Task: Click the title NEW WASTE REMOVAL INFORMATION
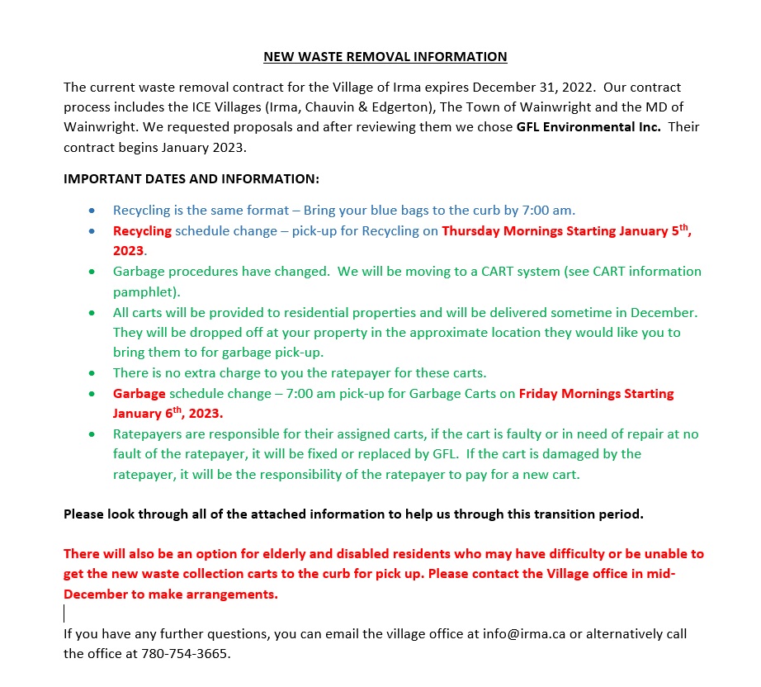385,57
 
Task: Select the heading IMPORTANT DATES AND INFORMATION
191,178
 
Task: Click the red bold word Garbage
139,393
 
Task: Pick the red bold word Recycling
142,231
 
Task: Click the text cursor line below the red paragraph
65,613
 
